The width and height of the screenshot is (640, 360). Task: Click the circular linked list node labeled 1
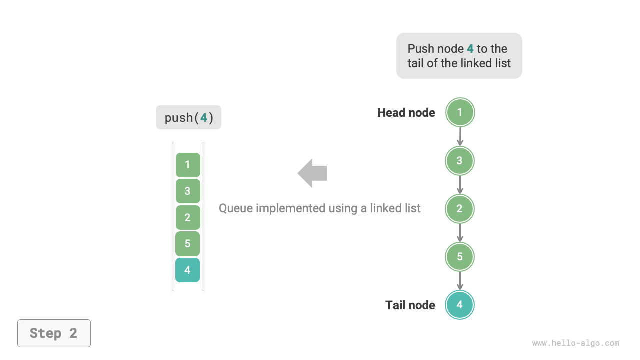(x=460, y=112)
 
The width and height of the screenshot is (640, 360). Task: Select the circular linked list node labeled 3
(x=460, y=161)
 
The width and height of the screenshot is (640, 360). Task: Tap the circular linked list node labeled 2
(x=460, y=209)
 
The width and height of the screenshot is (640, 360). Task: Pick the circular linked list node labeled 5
(x=460, y=257)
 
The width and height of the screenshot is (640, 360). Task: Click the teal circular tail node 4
(x=460, y=305)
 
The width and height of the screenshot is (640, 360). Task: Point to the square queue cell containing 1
(x=188, y=165)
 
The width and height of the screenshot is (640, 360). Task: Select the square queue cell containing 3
(x=188, y=191)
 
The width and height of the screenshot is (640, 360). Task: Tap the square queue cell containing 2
(x=188, y=217)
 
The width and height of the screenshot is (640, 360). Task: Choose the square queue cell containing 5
(x=188, y=244)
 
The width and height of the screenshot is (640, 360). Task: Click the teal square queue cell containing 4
(x=188, y=270)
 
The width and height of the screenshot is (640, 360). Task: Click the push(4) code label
(x=188, y=118)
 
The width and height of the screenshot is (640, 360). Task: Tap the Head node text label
(x=406, y=113)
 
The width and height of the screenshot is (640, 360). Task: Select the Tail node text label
(x=410, y=305)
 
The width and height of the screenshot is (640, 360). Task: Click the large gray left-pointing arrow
(x=312, y=173)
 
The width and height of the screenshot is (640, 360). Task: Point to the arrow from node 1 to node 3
(x=460, y=136)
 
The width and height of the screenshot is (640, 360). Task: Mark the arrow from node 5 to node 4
(x=460, y=281)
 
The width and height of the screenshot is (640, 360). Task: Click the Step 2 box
(x=54, y=333)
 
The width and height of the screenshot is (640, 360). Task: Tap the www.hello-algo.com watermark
(x=575, y=343)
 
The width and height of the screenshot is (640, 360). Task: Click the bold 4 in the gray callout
(x=470, y=49)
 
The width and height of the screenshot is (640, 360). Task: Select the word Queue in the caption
(x=237, y=208)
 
